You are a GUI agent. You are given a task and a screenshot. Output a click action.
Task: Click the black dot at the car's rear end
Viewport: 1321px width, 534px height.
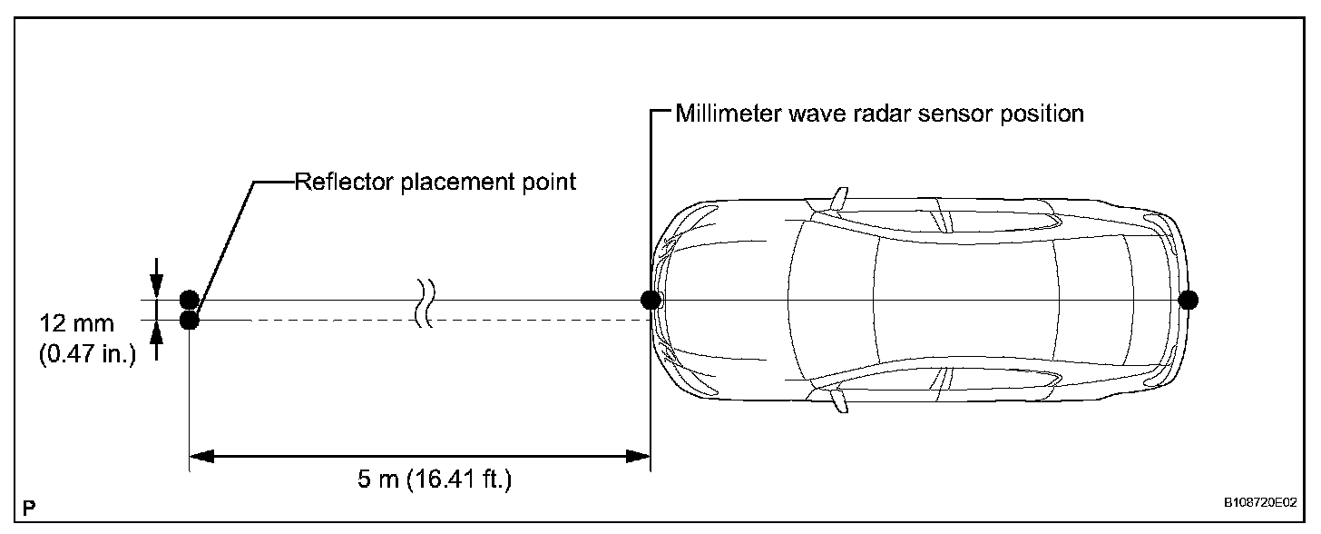tap(1188, 300)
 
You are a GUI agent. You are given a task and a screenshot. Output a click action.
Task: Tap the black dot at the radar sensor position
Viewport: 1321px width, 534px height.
tap(650, 300)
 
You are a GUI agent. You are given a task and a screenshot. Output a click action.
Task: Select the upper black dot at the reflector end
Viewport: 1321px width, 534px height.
tap(189, 299)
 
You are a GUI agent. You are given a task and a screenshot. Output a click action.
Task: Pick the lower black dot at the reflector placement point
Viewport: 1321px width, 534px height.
tap(189, 320)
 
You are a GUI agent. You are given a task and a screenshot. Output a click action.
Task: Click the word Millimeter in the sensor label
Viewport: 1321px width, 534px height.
tap(722, 114)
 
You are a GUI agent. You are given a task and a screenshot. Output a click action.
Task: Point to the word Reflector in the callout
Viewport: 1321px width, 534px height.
tap(333, 182)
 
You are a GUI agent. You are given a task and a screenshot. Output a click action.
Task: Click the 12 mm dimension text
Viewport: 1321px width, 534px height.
tap(77, 324)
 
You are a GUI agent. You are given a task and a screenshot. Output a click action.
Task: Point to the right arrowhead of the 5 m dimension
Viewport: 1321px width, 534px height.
tap(639, 455)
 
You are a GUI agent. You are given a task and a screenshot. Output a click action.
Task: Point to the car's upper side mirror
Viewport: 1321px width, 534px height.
tap(839, 197)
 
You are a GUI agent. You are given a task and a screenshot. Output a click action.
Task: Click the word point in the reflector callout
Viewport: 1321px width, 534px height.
tap(553, 182)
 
